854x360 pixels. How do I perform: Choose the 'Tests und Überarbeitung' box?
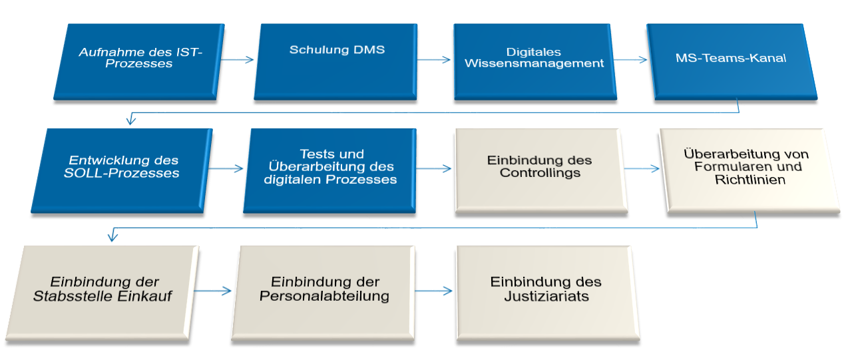coord(331,169)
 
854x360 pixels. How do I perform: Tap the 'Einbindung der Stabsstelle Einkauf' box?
coord(107,291)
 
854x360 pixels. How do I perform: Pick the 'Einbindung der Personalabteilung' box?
coord(324,291)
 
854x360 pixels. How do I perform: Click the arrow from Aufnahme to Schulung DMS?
coord(237,60)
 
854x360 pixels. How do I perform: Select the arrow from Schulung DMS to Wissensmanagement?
coord(433,60)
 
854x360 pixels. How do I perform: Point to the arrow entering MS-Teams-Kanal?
coord(630,60)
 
